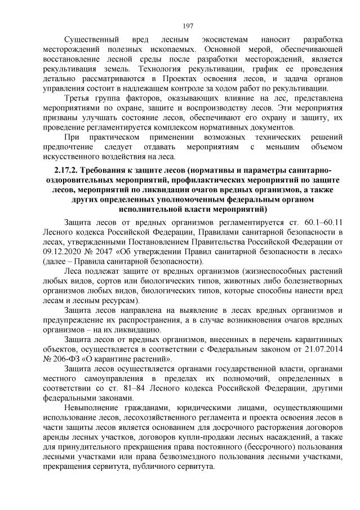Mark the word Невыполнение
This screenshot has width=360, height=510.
click(94, 408)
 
